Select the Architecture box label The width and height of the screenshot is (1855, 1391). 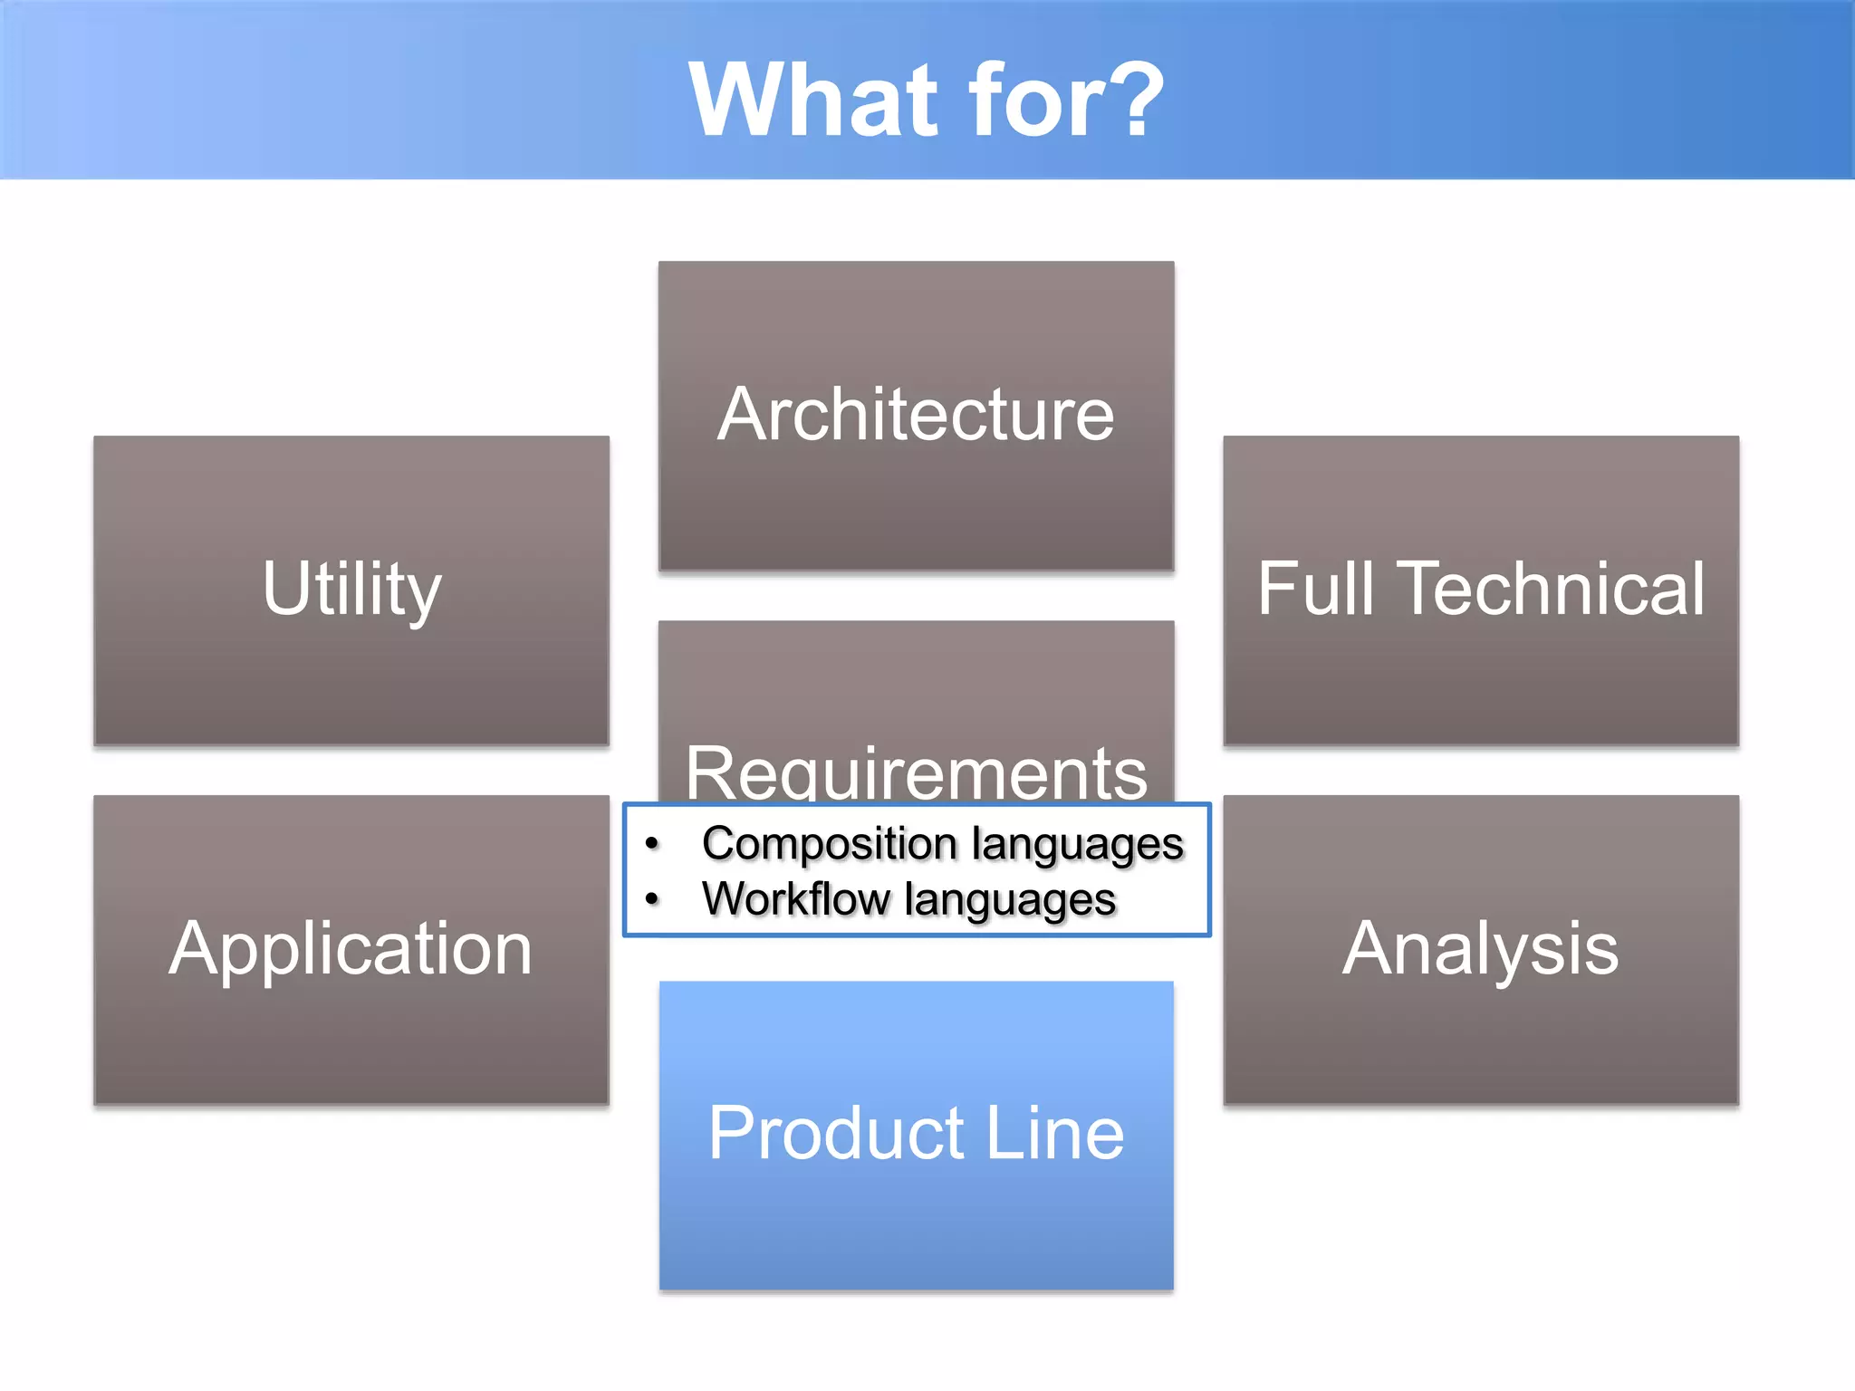coord(916,414)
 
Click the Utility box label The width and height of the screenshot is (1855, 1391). coord(351,590)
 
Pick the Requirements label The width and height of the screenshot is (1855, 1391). coord(916,772)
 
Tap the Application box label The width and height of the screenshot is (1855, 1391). coord(351,949)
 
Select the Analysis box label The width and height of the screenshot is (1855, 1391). coord(1480,949)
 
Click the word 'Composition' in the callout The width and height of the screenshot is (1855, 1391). coord(829,845)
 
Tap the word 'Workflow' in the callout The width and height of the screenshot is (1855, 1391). coord(795,900)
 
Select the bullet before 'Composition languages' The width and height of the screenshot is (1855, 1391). coord(651,844)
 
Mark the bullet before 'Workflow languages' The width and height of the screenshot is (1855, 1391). coord(651,899)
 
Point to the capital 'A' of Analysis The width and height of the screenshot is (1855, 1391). coord(1368,947)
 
